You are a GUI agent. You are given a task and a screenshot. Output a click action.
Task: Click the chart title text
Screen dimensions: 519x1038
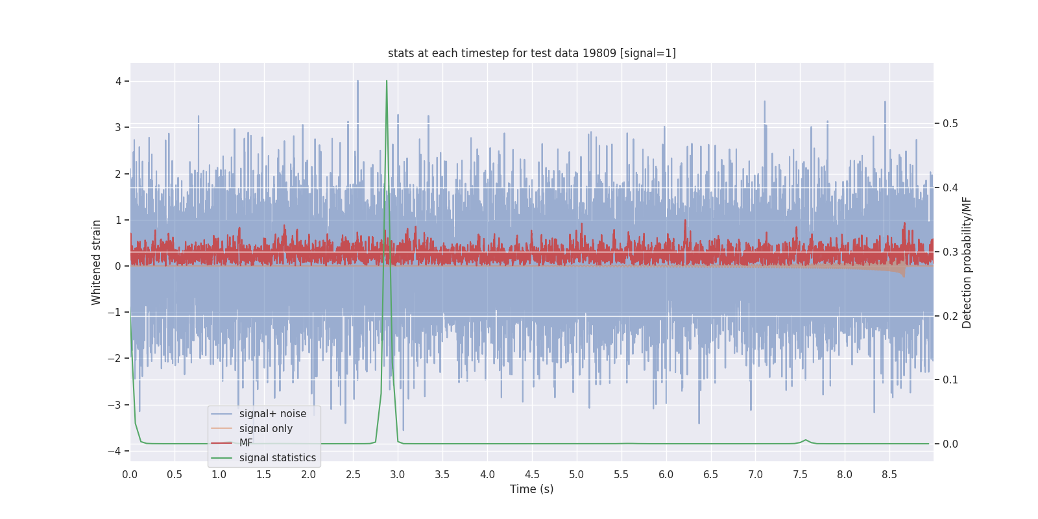[x=531, y=53]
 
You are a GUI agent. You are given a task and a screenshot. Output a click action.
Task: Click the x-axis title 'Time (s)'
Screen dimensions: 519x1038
[x=531, y=489]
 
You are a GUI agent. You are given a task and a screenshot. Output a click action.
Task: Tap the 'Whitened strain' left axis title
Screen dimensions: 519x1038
[x=97, y=262]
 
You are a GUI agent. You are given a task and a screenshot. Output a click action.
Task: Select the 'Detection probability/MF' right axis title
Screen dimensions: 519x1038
[x=967, y=262]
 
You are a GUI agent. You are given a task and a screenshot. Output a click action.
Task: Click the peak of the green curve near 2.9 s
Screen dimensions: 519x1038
[x=387, y=81]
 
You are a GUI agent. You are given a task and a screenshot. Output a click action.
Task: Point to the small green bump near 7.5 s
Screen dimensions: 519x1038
[x=806, y=440]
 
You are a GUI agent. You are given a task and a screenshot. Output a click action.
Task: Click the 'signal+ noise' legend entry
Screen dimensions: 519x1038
[x=272, y=414]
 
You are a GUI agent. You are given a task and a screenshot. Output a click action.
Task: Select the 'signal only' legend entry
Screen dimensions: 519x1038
[x=265, y=429]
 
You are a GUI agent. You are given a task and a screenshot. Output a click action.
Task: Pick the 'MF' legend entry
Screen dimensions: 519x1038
[x=246, y=443]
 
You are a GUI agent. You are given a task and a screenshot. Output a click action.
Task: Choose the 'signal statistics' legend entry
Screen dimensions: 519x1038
[x=277, y=458]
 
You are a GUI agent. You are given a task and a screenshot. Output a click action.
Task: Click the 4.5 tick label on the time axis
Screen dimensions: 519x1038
[x=532, y=475]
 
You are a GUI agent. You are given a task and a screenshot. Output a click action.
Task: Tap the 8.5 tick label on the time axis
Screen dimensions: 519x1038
[x=889, y=475]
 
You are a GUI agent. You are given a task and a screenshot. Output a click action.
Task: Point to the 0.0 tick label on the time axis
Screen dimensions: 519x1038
[x=130, y=475]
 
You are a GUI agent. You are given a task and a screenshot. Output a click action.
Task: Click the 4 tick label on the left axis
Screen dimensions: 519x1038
[x=119, y=81]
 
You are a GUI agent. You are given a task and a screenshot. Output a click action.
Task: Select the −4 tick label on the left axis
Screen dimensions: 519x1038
[x=115, y=452]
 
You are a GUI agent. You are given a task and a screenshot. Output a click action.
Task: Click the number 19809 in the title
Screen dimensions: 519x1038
[x=599, y=53]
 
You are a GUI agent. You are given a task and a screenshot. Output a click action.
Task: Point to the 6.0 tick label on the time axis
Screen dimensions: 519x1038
[x=666, y=475]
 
